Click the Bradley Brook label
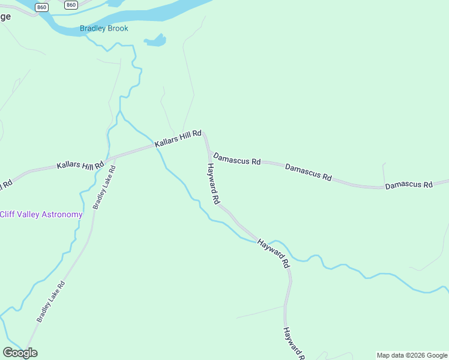click(104, 28)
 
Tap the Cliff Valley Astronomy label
click(41, 214)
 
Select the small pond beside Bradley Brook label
click(155, 41)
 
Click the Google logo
click(20, 353)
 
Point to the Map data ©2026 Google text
click(412, 355)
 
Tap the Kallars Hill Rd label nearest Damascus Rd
click(178, 140)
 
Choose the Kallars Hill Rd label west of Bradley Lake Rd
click(80, 164)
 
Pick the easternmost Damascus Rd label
click(409, 185)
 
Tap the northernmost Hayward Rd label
click(212, 182)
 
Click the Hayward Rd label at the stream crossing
click(274, 253)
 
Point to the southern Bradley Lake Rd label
click(50, 301)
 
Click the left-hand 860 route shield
click(41, 7)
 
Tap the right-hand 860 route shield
click(71, 5)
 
